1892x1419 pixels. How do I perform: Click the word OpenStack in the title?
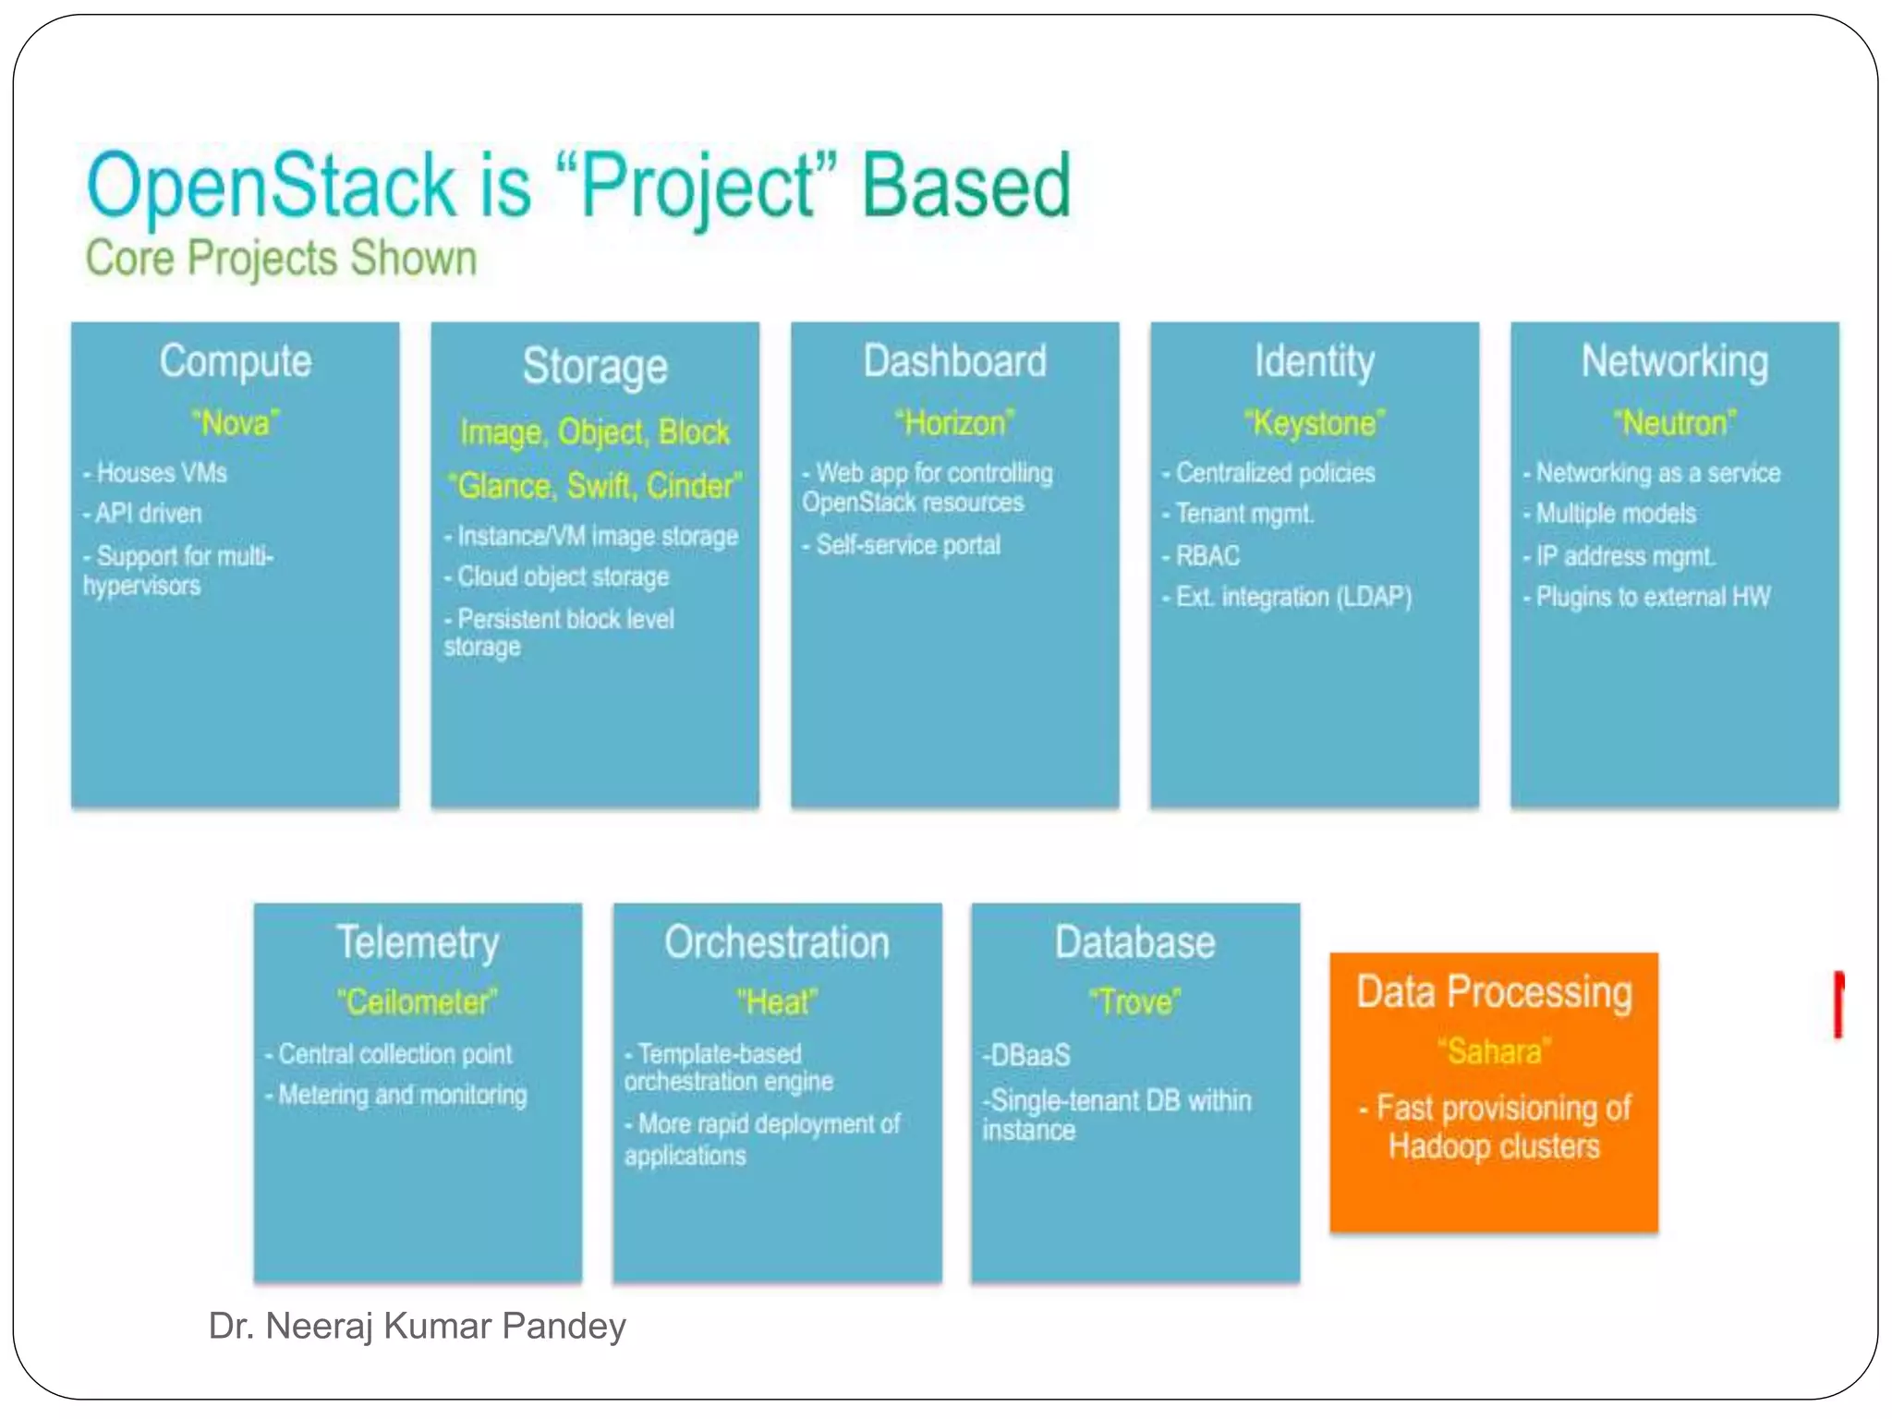pos(271,188)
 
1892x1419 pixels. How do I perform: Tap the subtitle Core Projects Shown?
pos(281,259)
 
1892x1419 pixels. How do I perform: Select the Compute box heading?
pos(235,361)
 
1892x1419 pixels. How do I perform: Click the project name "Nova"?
pos(235,423)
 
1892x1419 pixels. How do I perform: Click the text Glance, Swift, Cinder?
pos(594,486)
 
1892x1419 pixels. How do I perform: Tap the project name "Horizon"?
pos(954,423)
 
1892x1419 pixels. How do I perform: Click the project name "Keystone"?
pos(1314,423)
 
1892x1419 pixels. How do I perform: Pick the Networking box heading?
pos(1674,361)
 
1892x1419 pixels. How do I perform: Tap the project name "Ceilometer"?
pos(417,1001)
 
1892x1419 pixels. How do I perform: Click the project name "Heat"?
pos(776,1001)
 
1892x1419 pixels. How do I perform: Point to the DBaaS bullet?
pos(1027,1055)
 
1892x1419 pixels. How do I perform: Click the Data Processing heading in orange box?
pos(1494,992)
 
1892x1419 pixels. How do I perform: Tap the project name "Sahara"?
pos(1494,1051)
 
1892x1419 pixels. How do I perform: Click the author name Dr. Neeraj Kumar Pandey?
pos(417,1326)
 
